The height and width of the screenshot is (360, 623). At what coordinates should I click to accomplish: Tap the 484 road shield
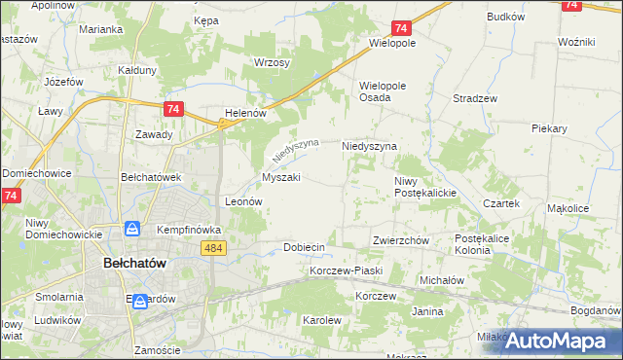point(215,250)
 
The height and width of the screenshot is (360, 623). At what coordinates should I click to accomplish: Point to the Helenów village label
point(245,113)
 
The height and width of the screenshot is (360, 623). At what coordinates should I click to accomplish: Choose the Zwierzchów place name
point(400,240)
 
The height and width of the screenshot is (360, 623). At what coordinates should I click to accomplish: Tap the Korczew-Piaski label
point(347,270)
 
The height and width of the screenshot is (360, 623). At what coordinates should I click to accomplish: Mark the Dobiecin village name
point(304,247)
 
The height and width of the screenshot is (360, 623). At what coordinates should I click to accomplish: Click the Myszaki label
point(281,178)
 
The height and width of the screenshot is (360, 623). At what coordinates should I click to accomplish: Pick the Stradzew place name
point(475,98)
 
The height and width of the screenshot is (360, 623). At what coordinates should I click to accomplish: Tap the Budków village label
point(506,17)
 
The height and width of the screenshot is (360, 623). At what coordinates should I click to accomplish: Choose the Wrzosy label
point(272,62)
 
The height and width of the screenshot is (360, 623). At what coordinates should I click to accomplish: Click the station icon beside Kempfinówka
point(131,230)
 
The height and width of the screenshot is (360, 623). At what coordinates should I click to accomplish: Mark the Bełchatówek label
point(151,177)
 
